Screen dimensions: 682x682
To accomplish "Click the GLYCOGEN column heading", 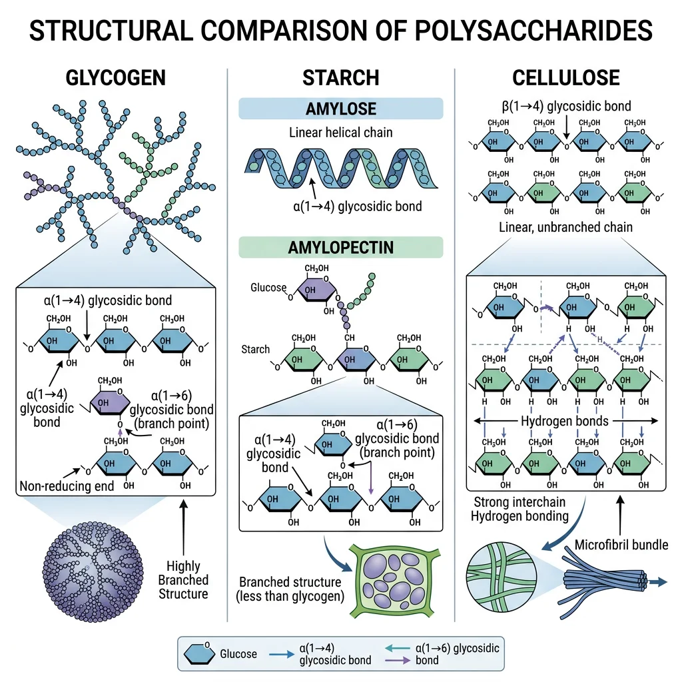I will click(x=116, y=78).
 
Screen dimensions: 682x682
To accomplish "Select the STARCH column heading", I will click(x=340, y=78).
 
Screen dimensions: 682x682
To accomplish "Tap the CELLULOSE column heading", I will click(x=565, y=78).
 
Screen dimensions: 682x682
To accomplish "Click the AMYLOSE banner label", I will click(x=340, y=109).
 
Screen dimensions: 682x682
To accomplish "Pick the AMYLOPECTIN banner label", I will click(x=340, y=248).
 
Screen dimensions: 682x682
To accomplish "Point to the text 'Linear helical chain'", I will click(x=340, y=133).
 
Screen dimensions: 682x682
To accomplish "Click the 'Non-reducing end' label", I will click(x=65, y=486).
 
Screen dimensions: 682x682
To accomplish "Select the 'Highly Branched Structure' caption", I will click(x=183, y=579).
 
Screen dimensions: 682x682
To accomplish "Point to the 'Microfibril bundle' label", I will click(x=621, y=545).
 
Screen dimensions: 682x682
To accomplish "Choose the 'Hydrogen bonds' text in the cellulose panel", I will click(x=565, y=421).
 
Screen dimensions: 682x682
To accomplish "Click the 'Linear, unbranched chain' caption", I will click(x=565, y=228).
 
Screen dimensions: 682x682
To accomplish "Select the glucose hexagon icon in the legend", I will click(x=200, y=653).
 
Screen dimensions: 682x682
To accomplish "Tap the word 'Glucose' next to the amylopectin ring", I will click(x=268, y=288).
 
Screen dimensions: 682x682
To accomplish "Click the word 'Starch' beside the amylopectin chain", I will click(x=256, y=350).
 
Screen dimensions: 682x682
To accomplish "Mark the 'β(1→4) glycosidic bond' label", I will click(x=565, y=106).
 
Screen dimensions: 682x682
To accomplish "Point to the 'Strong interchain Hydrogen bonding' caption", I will click(x=511, y=509).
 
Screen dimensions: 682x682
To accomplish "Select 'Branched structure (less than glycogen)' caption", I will click(x=290, y=589).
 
